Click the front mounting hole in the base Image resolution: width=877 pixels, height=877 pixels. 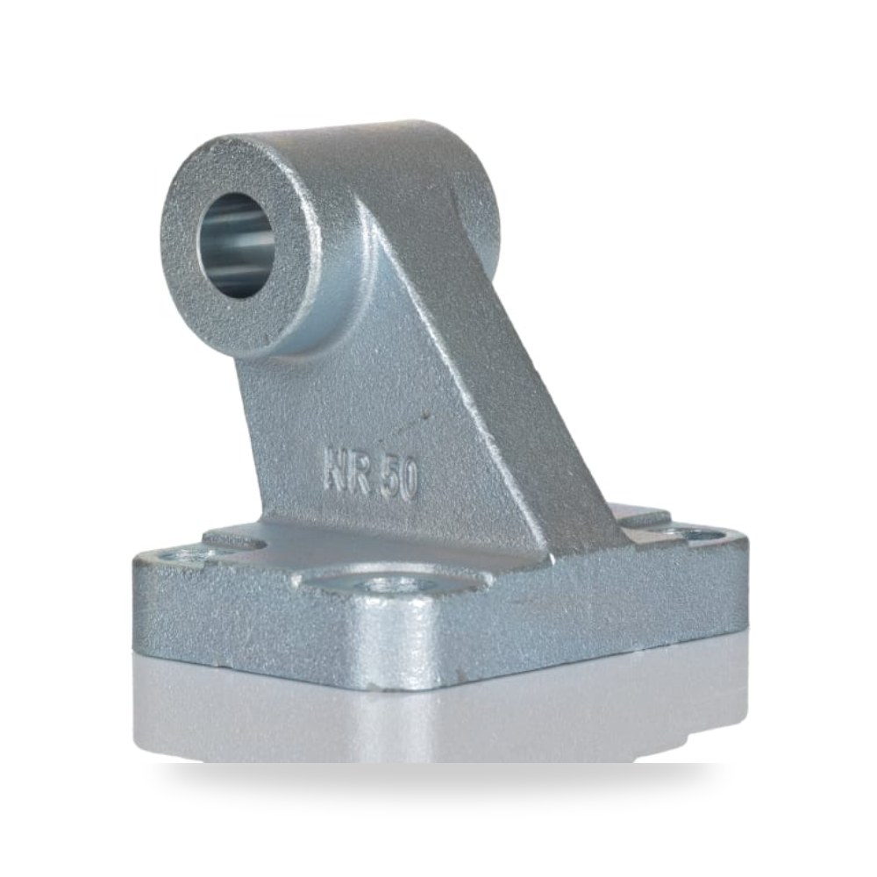(385, 587)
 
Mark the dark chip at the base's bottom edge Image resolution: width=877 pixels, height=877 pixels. (370, 683)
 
